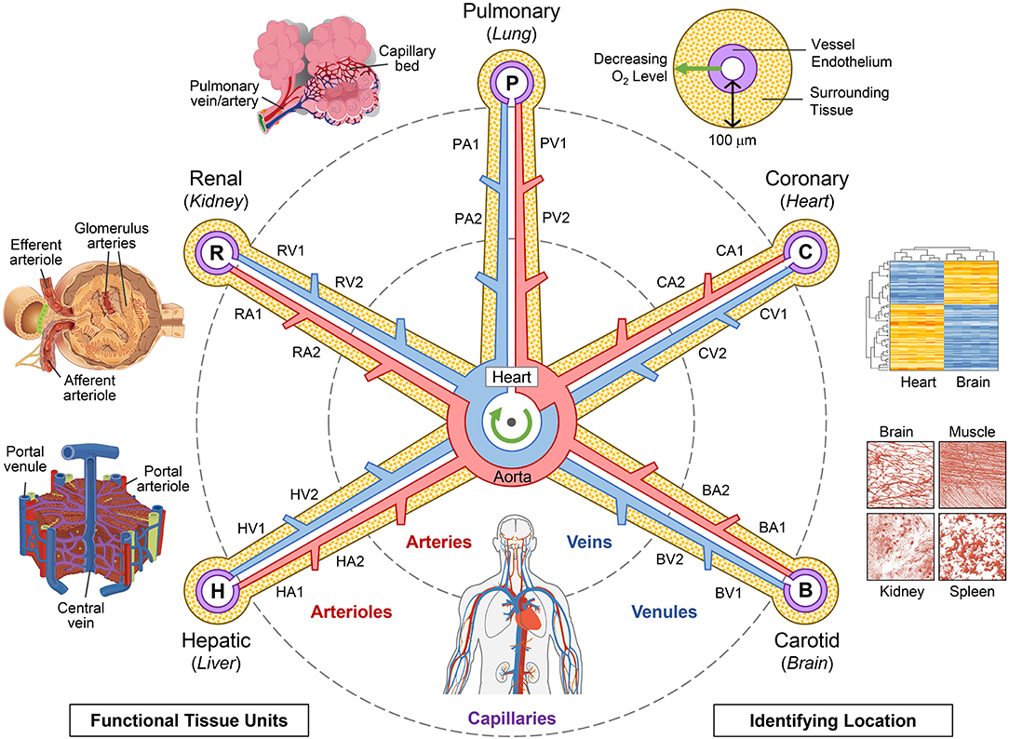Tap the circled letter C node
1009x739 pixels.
pos(806,251)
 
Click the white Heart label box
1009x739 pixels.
pos(511,379)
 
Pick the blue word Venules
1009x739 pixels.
pos(666,612)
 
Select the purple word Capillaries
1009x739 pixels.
pos(511,719)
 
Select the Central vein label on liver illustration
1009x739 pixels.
pos(91,614)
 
